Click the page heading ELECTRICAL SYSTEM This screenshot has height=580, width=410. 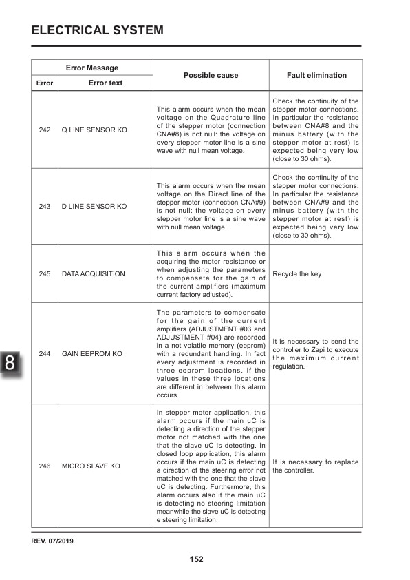tap(97, 30)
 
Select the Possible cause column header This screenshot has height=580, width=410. tap(211, 75)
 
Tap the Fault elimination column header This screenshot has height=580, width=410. tap(316, 75)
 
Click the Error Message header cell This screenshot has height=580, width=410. tap(91, 68)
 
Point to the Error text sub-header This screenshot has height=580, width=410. tap(105, 83)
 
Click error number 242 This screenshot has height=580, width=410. tap(45, 130)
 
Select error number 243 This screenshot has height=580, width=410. tap(45, 206)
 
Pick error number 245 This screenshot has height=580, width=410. tap(45, 273)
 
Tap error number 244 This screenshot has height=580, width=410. tap(45, 353)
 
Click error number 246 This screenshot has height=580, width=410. tap(45, 466)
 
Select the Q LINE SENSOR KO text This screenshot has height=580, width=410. tap(94, 130)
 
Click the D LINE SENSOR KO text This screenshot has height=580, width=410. tap(94, 206)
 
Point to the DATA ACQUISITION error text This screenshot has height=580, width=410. tap(94, 273)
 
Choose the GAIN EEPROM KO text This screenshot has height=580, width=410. tap(92, 353)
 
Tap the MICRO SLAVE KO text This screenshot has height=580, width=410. tap(91, 466)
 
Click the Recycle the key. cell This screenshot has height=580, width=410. tap(297, 273)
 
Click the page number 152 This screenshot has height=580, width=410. tap(196, 559)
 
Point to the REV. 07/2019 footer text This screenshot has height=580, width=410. tap(52, 541)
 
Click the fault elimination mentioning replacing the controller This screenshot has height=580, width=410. tap(315, 466)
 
